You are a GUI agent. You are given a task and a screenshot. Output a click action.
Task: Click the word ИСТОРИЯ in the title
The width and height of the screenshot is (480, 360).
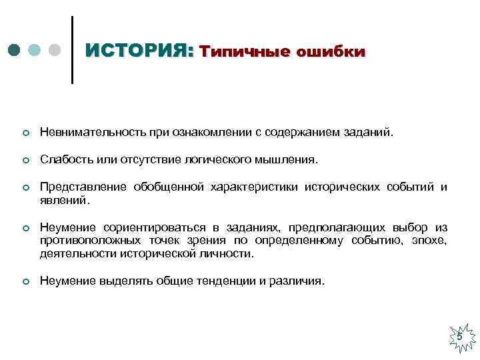(x=139, y=51)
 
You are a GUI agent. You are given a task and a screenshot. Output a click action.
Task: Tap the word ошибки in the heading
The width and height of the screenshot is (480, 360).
(x=330, y=51)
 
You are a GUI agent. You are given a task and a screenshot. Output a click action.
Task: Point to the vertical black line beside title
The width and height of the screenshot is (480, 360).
(x=71, y=50)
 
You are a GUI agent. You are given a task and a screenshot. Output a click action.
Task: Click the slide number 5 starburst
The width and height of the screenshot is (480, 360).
(x=459, y=337)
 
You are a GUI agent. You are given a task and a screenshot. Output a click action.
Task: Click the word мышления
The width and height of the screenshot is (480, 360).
(x=289, y=160)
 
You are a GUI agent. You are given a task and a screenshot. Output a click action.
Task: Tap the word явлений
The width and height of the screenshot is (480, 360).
(x=63, y=199)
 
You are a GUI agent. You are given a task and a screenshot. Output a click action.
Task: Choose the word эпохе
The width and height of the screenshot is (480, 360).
(x=431, y=240)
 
